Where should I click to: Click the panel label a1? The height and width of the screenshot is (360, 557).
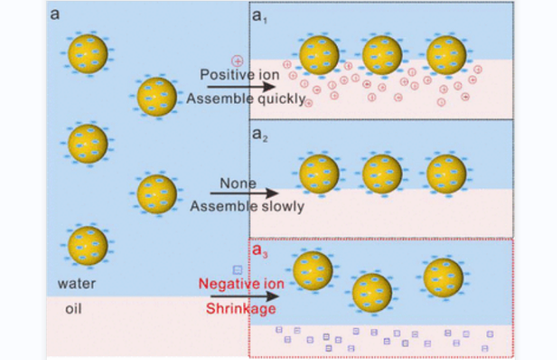(259, 16)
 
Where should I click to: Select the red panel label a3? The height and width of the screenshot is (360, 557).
(259, 251)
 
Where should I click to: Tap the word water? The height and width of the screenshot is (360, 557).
(77, 283)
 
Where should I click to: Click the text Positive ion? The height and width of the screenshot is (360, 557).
(238, 74)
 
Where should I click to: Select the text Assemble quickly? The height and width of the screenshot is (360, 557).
(245, 99)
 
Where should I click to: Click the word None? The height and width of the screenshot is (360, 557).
(237, 183)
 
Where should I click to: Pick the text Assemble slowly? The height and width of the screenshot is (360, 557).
(246, 207)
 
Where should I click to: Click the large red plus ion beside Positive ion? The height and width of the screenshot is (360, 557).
(237, 60)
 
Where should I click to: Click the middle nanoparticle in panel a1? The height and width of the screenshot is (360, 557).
(382, 55)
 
